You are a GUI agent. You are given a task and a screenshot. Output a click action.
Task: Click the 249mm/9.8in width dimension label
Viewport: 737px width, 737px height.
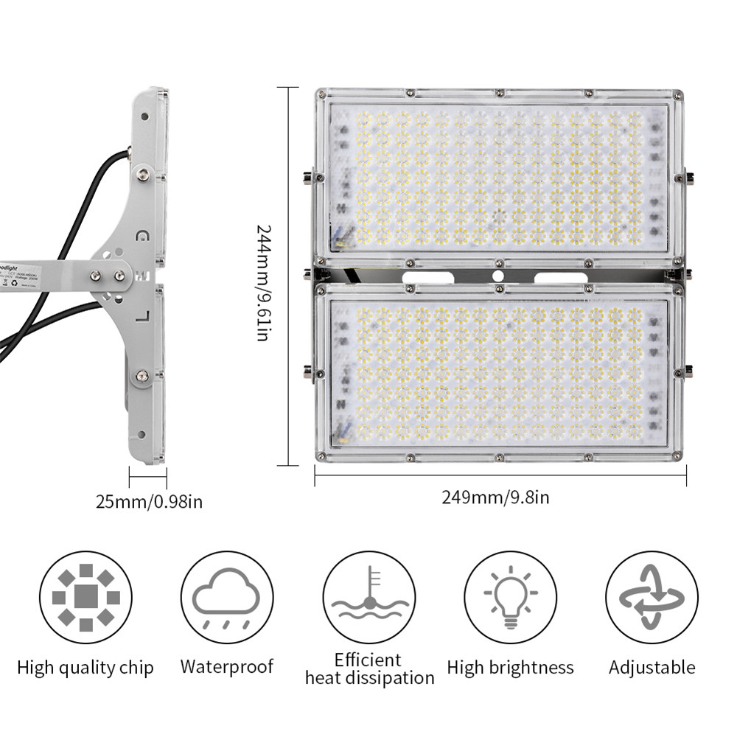pos(495,497)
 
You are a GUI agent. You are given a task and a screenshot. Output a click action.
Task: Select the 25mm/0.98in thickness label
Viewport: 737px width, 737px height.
pos(149,502)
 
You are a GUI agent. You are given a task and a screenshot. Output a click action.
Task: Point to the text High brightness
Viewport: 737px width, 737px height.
pos(510,668)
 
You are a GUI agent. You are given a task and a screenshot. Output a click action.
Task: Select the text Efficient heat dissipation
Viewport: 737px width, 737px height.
pos(369,668)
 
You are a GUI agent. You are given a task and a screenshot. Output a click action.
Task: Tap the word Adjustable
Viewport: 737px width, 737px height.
pos(652,668)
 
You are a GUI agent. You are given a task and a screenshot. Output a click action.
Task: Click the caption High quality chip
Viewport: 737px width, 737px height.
pos(85,668)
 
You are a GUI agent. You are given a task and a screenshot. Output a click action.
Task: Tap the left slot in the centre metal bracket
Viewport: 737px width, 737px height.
pos(427,277)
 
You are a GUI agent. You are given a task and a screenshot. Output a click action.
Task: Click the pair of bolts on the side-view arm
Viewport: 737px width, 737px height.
pos(107,276)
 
